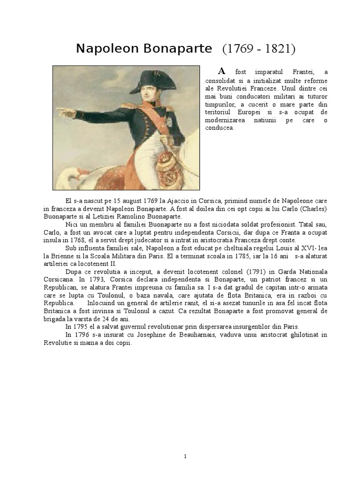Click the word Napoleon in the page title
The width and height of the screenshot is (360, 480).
[x=107, y=49]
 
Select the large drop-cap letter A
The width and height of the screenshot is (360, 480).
[x=222, y=71]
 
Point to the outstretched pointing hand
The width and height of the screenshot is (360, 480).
[x=65, y=112]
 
